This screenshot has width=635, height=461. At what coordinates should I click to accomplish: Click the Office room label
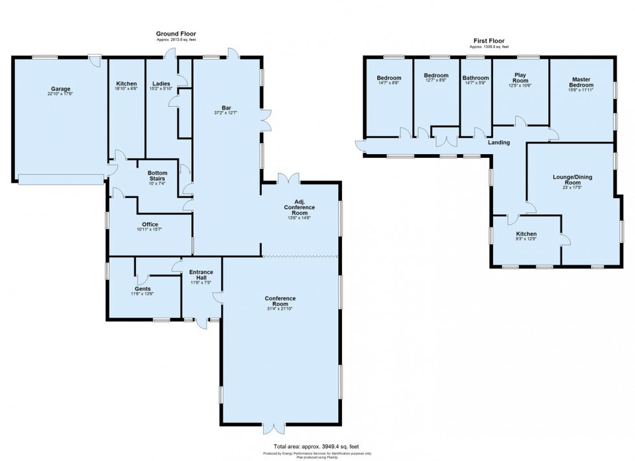tap(150, 225)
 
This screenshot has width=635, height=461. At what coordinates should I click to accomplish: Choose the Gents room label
tap(143, 289)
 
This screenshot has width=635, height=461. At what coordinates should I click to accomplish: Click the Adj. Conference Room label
tap(299, 207)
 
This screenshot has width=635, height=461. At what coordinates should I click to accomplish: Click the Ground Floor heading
tap(176, 34)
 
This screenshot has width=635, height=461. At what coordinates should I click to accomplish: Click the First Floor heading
tap(489, 41)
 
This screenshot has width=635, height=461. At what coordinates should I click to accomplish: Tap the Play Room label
tap(520, 75)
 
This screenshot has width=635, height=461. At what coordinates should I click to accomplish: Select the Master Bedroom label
tap(581, 82)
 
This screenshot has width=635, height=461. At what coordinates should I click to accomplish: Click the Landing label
tap(499, 142)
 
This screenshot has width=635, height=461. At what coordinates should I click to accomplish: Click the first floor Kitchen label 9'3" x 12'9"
tap(526, 234)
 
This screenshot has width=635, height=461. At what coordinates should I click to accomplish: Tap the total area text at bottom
tap(317, 446)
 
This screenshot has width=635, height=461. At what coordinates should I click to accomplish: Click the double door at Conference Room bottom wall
tap(274, 427)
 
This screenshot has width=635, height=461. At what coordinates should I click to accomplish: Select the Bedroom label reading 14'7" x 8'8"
tap(389, 78)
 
